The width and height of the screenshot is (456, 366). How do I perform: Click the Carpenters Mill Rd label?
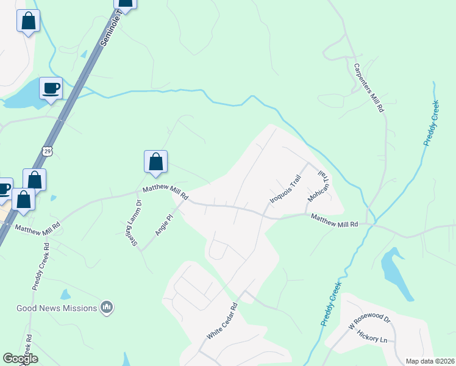click(x=369, y=87)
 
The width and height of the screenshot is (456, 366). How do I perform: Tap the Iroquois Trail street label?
click(x=286, y=190)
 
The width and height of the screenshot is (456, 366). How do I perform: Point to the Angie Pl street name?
click(x=162, y=224)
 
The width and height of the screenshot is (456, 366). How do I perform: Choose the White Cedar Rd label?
click(x=221, y=322)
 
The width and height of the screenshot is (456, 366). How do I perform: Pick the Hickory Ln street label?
click(x=373, y=336)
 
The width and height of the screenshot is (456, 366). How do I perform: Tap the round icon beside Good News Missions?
click(x=107, y=307)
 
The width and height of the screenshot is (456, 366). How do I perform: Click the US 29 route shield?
click(x=47, y=150)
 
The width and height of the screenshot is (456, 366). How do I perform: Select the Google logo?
click(x=20, y=359)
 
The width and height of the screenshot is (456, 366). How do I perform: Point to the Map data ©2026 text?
click(x=430, y=361)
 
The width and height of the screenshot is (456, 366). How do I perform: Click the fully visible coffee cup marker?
click(x=51, y=88)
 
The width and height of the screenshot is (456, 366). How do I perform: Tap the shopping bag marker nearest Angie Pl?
click(x=155, y=162)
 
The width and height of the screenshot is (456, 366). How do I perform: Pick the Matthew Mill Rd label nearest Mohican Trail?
click(x=334, y=221)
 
